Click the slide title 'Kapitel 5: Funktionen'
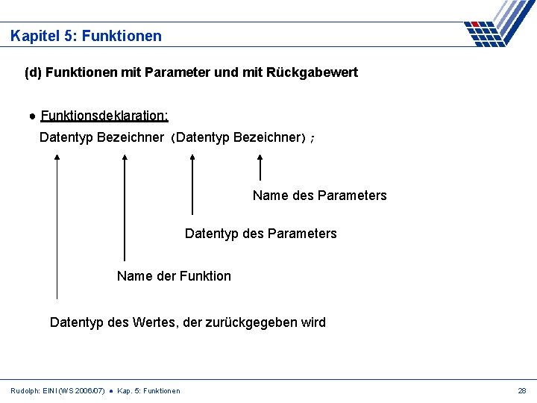point(86,36)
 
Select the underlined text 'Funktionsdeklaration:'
point(104,116)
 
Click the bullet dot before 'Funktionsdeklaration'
point(34,116)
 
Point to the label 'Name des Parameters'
point(319,196)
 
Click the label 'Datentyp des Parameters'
point(260,234)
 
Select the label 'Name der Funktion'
point(174,276)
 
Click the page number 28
point(521,390)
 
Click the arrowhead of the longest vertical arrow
point(57,157)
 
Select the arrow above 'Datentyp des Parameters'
point(192,183)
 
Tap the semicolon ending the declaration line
point(312,138)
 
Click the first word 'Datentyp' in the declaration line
point(66,137)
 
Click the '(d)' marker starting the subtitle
point(33,72)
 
